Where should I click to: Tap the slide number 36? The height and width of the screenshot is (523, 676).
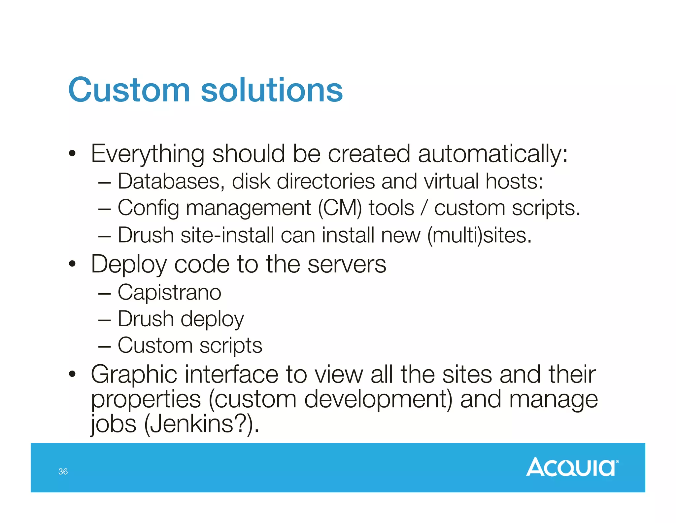coord(63,471)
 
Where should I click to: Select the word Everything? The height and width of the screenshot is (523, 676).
coord(148,154)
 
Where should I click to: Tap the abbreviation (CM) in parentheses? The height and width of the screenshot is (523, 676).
coord(340,208)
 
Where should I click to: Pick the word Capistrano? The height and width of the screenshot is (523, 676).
coord(169,293)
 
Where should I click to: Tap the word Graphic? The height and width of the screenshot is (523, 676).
coord(134,375)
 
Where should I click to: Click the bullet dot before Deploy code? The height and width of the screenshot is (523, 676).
coord(72,264)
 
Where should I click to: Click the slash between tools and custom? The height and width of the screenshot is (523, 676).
coord(424,208)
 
